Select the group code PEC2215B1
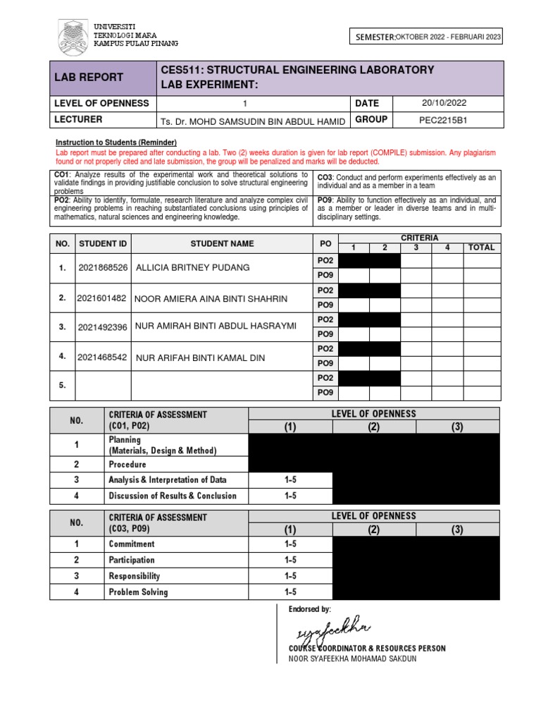tap(443, 120)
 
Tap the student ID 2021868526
tap(104, 268)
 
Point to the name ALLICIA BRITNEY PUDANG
tap(192, 268)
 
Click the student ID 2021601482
tap(103, 298)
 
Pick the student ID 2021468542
tap(103, 357)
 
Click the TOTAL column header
tap(482, 247)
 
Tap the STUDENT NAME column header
tap(222, 243)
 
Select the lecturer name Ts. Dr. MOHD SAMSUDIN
tap(253, 121)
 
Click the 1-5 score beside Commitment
tap(290, 544)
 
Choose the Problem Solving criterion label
tap(138, 592)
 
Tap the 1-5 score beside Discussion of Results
tap(290, 496)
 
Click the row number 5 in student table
tap(63, 386)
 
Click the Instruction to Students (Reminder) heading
tap(116, 142)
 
